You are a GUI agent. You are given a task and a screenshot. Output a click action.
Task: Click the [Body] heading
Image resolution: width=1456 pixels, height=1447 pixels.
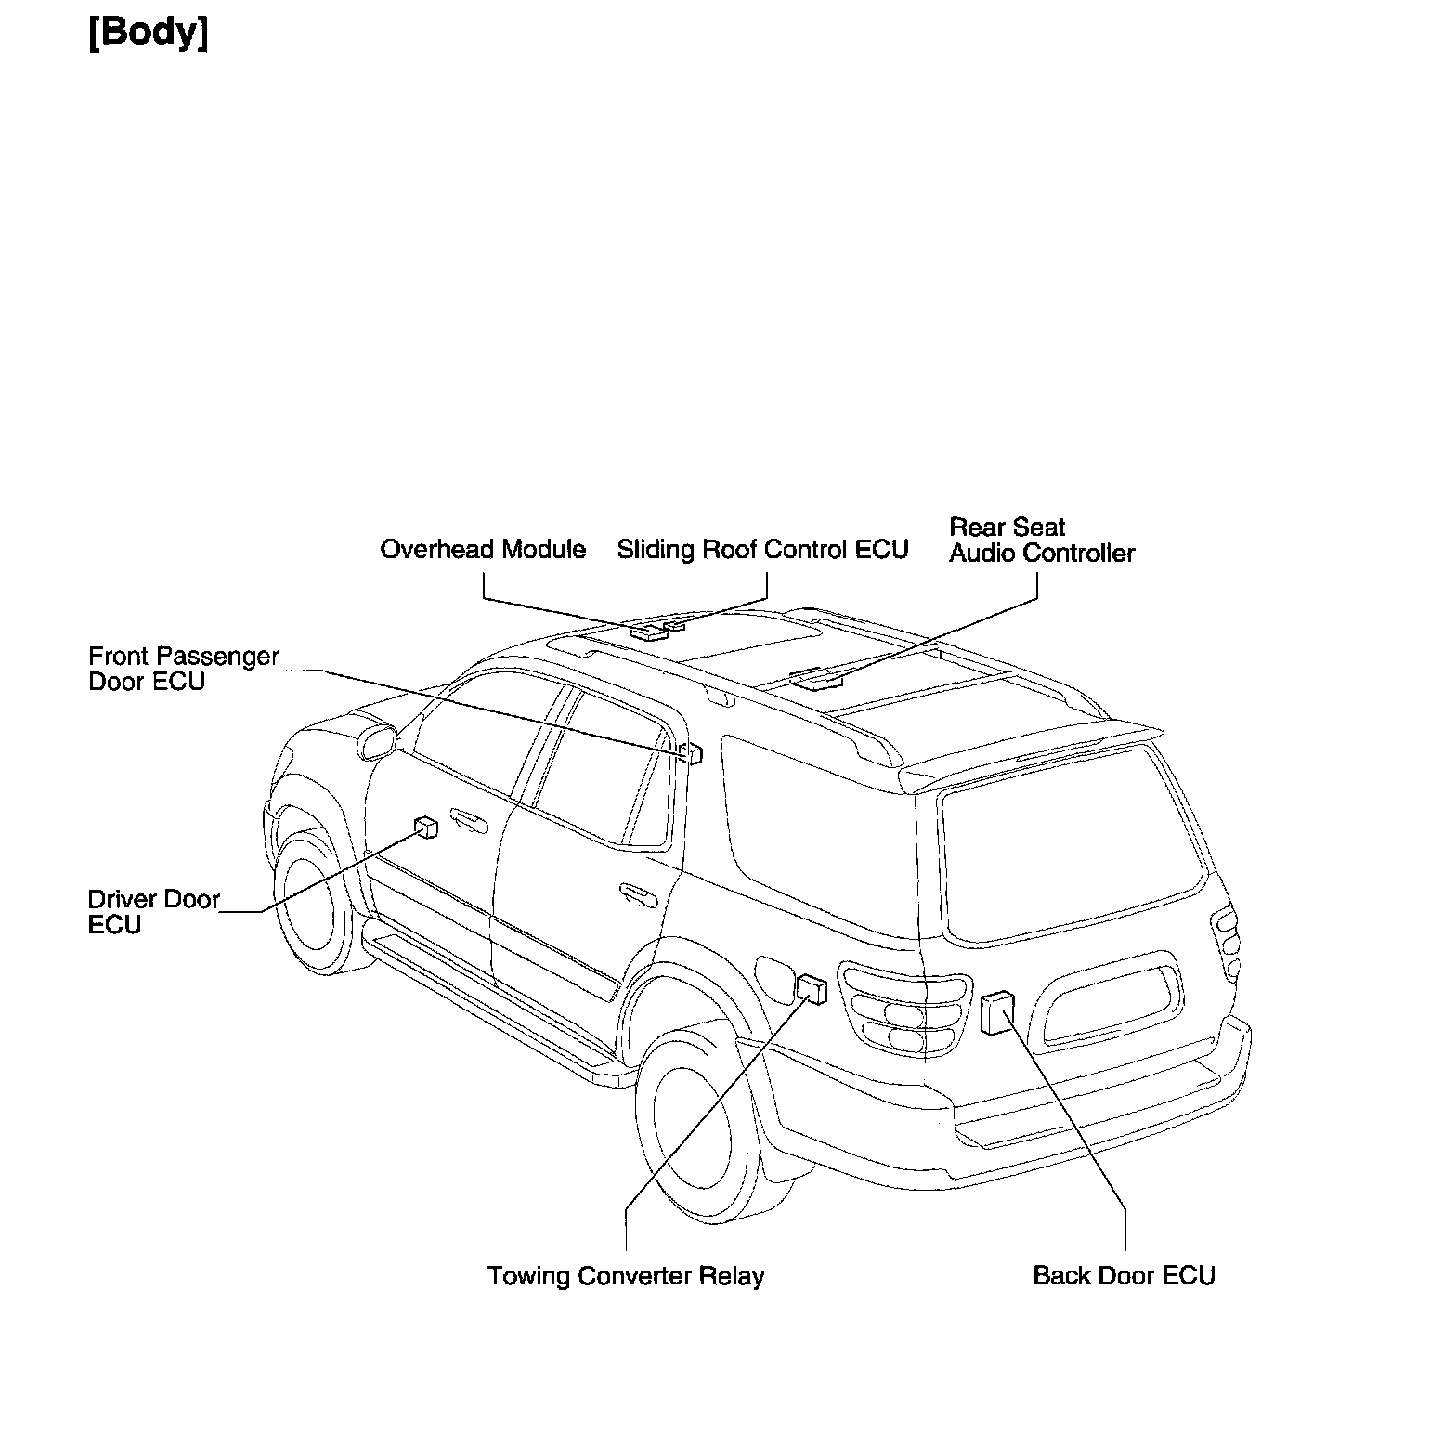148,33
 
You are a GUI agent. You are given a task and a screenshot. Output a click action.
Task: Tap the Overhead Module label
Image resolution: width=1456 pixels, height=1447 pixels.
483,550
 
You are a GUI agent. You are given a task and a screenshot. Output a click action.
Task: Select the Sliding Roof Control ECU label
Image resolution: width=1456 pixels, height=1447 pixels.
762,550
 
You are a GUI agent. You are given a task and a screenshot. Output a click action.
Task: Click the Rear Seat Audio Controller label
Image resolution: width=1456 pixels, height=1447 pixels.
1041,541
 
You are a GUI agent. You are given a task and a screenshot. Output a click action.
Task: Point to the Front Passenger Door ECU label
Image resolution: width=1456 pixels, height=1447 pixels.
183,669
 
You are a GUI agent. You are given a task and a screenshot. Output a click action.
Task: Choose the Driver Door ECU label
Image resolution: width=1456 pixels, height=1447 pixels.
153,912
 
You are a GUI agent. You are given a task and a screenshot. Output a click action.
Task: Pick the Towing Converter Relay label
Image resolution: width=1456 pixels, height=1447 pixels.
625,1276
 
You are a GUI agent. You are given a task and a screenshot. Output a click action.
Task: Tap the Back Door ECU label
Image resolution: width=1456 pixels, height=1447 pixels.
1124,1276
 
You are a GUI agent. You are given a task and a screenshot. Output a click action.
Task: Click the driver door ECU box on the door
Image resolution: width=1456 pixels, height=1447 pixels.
426,828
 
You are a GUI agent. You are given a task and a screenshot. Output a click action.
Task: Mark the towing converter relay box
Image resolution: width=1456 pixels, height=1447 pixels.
812,989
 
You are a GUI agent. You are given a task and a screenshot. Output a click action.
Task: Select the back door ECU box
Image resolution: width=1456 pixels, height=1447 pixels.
997,1012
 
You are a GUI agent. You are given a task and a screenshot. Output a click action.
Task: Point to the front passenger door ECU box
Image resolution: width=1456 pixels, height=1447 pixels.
692,752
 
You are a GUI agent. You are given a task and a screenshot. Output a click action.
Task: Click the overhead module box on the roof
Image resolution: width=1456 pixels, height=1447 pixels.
648,632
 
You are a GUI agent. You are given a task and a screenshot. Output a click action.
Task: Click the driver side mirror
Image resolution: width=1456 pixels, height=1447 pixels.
376,740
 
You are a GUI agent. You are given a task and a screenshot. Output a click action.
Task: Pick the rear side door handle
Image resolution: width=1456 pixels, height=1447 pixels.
638,894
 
